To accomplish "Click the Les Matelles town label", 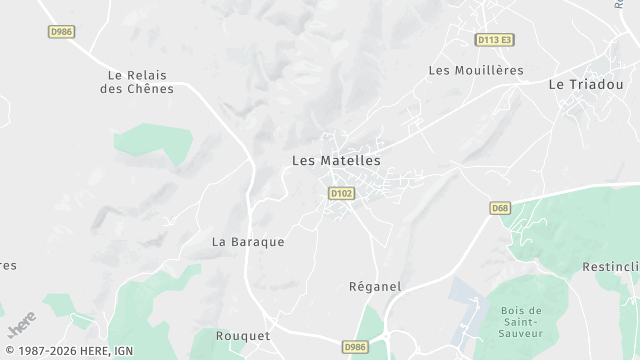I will [336, 160].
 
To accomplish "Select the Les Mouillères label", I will [476, 70].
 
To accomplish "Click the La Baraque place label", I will [248, 242].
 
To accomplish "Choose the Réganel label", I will [375, 286].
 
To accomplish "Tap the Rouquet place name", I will [243, 336].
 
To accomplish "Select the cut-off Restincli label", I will [610, 267].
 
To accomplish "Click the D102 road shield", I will [341, 193].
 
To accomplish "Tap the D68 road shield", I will [500, 208].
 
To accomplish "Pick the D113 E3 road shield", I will [494, 40].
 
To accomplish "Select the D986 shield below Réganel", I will [355, 347].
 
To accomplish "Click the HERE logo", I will [21, 326].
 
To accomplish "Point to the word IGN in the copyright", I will [123, 351].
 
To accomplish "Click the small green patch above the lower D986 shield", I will [371, 322].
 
